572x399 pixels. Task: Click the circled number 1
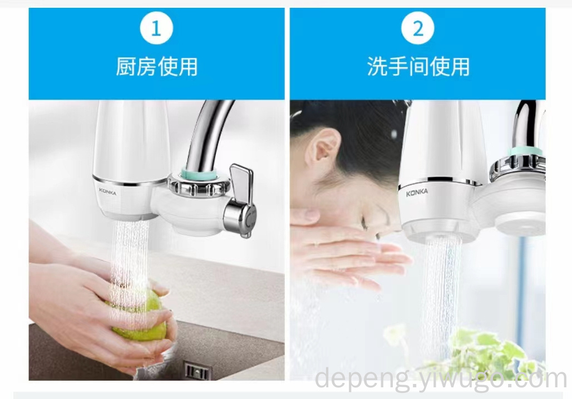[x=156, y=28]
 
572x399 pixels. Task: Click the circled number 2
[x=418, y=28]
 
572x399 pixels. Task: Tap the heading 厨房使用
[x=157, y=66]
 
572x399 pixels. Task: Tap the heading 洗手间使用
[x=418, y=66]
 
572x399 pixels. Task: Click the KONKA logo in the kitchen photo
[x=107, y=191]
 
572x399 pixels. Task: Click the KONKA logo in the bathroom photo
[x=417, y=192]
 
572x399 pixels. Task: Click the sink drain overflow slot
[x=198, y=371]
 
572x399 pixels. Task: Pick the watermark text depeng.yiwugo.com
[x=441, y=379]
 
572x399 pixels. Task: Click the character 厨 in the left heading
[x=126, y=67]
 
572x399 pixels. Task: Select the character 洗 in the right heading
[x=377, y=67]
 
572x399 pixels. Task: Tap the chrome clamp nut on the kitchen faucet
[x=199, y=186]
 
